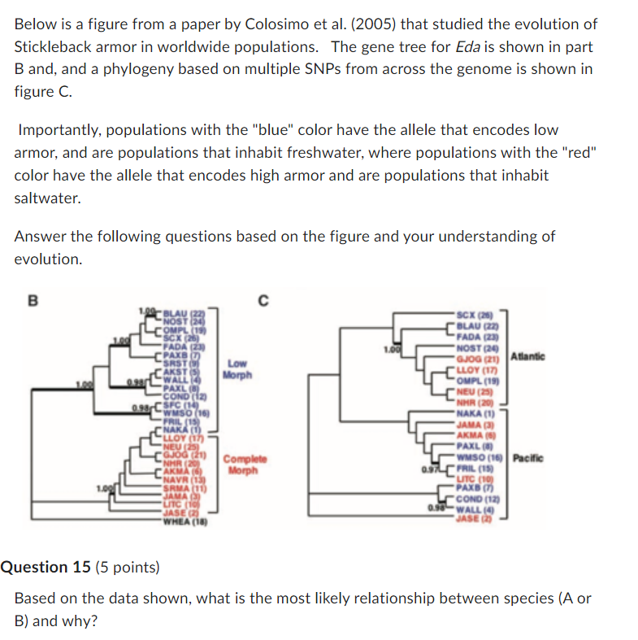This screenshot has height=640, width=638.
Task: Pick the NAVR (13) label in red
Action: [x=184, y=479]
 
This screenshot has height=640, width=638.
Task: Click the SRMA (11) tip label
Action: [x=183, y=486]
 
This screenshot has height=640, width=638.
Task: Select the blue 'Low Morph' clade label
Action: [x=238, y=370]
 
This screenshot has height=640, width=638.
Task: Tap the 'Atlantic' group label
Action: [x=527, y=356]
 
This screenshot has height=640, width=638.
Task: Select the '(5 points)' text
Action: [x=128, y=567]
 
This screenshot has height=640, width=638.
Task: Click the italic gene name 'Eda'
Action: [x=467, y=47]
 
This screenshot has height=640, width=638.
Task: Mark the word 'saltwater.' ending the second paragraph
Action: [x=47, y=198]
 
